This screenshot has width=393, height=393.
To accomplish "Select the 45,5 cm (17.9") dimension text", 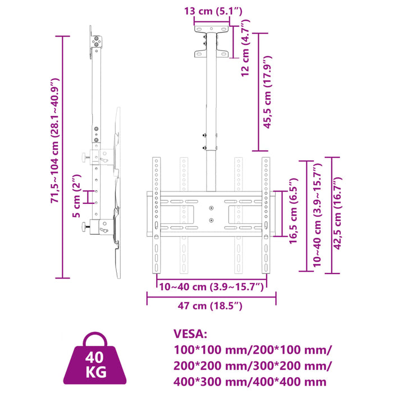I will [x=268, y=92].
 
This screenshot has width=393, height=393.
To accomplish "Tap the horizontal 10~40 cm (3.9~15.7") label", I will [x=211, y=287].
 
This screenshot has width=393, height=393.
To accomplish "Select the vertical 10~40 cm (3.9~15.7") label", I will [x=317, y=216].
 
